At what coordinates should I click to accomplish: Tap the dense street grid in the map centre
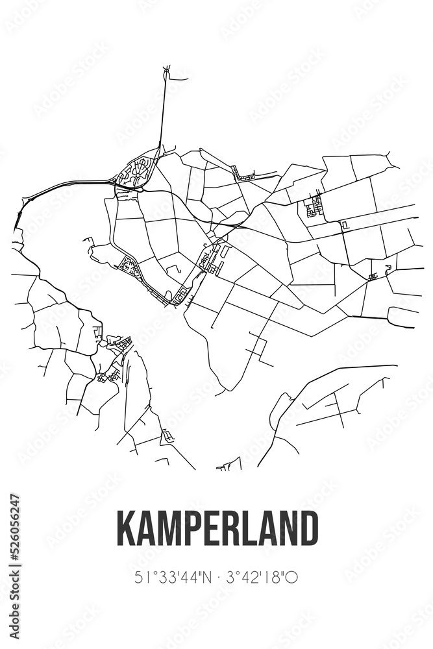212,259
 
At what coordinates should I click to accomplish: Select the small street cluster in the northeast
315,207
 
